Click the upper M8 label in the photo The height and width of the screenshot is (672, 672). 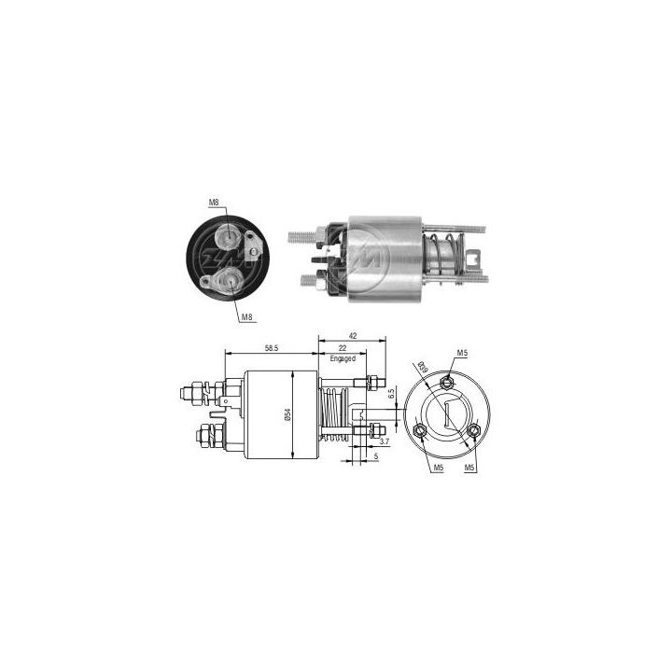click(x=213, y=202)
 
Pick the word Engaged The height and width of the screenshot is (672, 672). click(x=342, y=357)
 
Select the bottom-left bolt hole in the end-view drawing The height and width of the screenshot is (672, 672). click(x=419, y=429)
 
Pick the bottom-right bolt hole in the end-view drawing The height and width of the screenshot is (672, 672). click(x=477, y=430)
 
